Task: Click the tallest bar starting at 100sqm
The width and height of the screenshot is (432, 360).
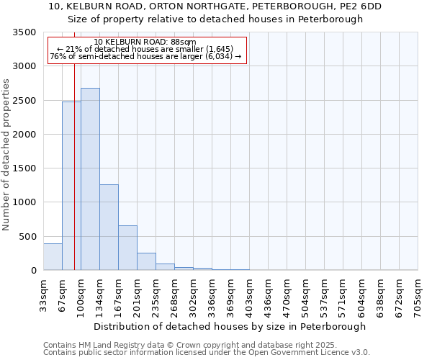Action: point(90,180)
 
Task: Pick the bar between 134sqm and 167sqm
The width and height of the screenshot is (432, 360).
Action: point(109,228)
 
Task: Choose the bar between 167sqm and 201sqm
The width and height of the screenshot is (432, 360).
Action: point(127,248)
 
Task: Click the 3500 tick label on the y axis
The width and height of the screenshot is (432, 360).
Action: point(24,32)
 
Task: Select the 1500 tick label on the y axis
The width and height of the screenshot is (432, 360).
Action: point(24,168)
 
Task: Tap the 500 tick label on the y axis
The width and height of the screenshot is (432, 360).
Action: point(27,236)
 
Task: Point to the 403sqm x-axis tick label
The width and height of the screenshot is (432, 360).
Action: point(249,294)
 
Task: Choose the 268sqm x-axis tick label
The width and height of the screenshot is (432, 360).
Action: point(174,294)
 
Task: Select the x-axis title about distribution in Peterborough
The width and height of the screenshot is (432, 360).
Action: point(230,326)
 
